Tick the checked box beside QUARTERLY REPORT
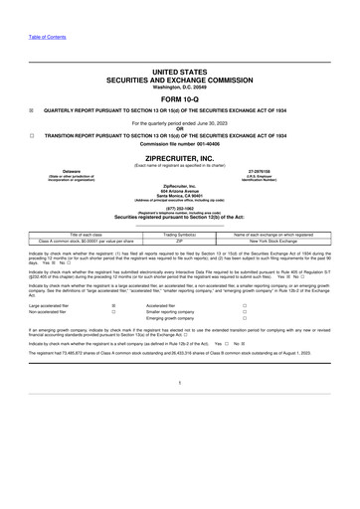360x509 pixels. [32, 111]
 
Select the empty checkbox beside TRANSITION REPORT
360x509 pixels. [32, 135]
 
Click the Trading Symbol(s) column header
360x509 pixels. [180, 235]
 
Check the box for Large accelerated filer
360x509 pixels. [115, 306]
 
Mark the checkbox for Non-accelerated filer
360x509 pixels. [115, 313]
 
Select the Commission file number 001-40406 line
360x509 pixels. [180, 144]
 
